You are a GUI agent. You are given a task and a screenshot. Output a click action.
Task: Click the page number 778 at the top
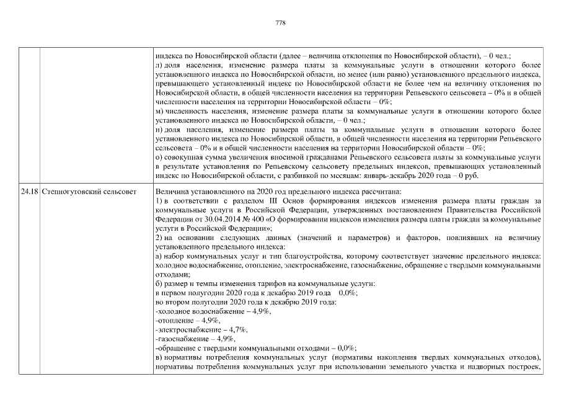pos(280,23)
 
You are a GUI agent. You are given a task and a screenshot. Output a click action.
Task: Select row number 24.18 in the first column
pos(28,192)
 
